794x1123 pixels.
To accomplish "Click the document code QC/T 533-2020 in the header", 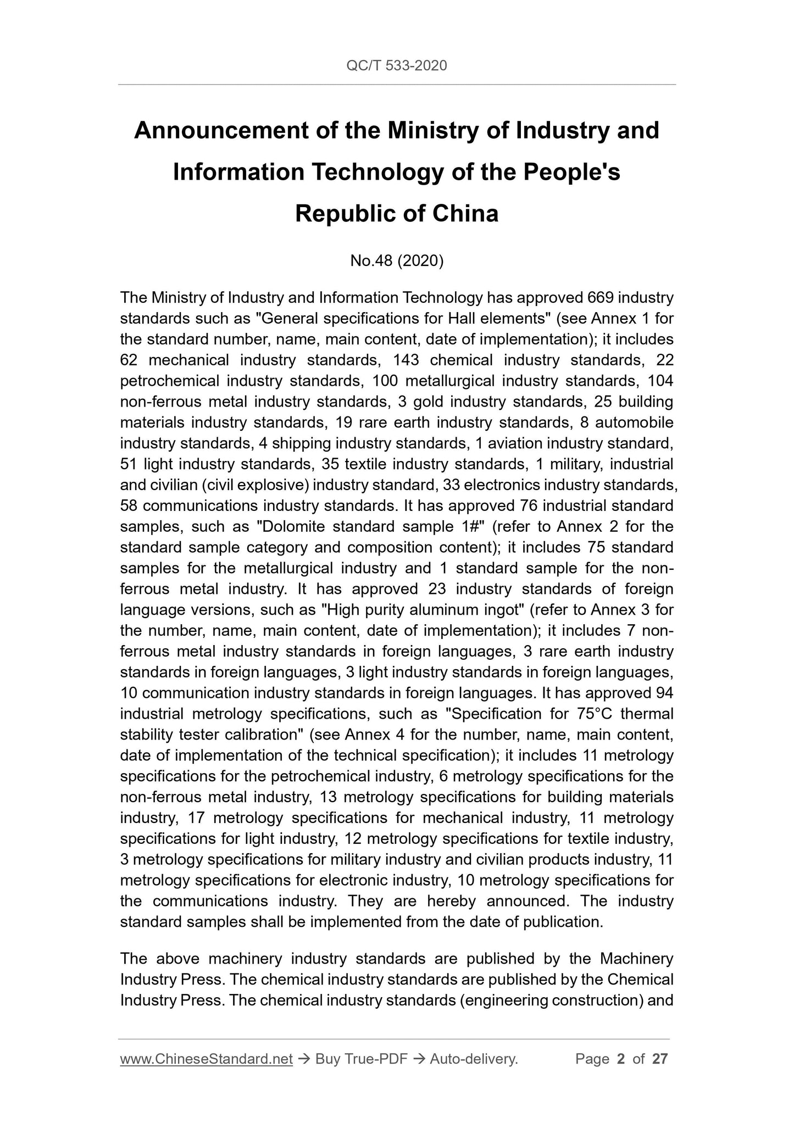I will (397, 66).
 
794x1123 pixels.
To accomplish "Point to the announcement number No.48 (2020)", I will (397, 261).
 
